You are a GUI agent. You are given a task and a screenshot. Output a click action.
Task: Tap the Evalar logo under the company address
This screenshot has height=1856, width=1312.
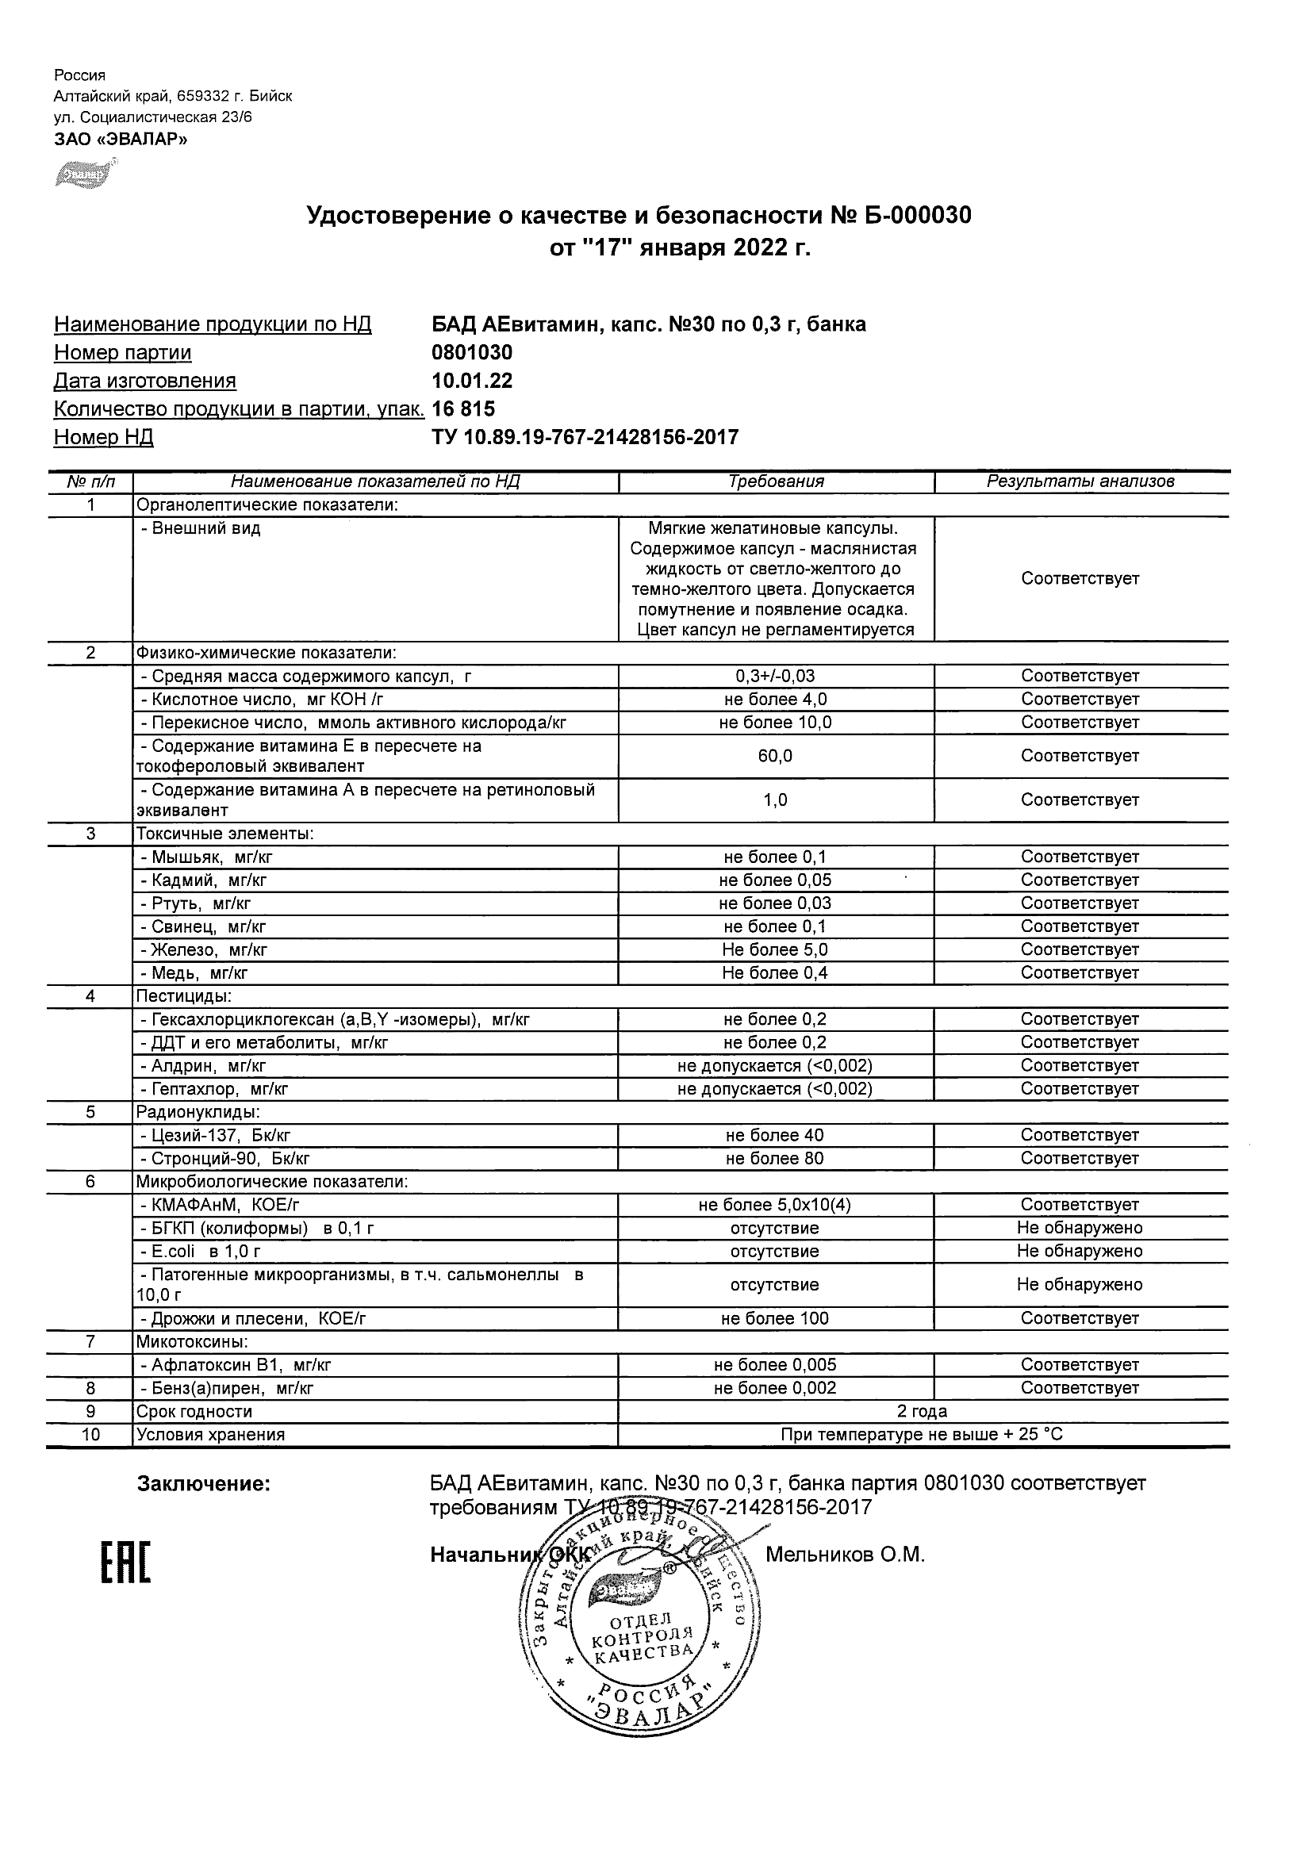pos(83,174)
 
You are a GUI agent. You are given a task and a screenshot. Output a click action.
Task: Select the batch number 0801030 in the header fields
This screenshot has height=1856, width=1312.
pos(472,352)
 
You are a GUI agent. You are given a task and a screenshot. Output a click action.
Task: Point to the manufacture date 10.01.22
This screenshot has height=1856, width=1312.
pos(472,381)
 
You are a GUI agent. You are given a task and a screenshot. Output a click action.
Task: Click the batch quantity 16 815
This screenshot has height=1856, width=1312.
pos(463,409)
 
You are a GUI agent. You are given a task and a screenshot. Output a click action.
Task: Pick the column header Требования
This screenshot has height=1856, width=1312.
pos(776,481)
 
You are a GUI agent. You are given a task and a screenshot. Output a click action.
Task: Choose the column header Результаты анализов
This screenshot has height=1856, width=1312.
pos(1080,481)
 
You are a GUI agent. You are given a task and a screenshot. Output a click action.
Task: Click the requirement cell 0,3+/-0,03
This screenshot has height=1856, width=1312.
pos(775,676)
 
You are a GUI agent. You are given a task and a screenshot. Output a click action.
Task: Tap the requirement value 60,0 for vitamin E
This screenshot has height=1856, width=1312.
pos(775,756)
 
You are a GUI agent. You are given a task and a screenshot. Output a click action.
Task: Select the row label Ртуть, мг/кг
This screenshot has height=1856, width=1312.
pos(197,903)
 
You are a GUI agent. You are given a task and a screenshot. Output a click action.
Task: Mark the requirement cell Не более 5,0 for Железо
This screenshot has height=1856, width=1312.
pos(775,950)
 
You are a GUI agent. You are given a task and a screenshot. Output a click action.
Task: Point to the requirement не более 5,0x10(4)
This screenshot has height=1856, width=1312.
pos(775,1206)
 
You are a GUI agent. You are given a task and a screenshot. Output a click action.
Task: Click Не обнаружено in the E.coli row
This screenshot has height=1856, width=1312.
pos(1080,1252)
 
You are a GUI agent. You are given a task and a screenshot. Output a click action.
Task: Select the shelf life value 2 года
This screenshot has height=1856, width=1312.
pos(923,1411)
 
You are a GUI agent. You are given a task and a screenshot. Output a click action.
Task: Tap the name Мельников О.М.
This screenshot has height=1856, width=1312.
pos(845,1555)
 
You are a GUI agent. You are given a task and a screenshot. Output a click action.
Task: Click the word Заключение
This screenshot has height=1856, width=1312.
pos(203,1483)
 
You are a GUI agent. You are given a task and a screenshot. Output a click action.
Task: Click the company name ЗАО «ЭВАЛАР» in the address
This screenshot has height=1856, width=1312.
pos(121,139)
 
